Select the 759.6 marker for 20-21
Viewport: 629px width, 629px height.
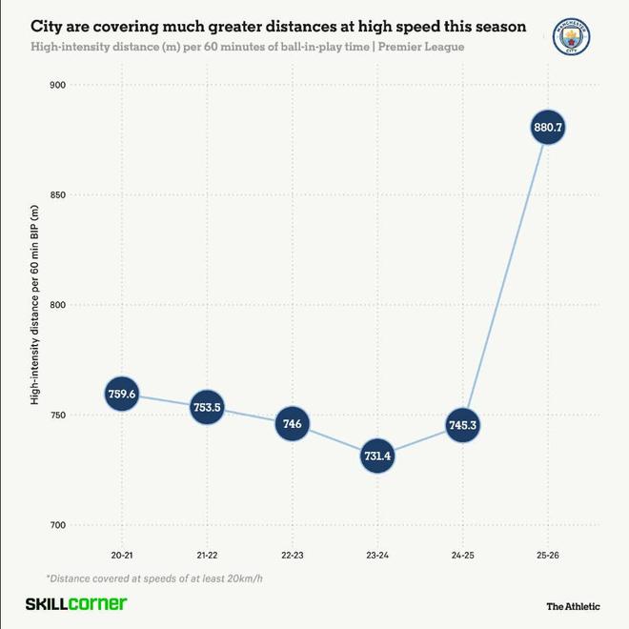123,394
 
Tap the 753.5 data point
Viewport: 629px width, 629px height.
207,407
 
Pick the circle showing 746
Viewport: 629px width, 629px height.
292,423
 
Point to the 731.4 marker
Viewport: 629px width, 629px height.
377,456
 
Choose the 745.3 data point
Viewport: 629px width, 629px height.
462,425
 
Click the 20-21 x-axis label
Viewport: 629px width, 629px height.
123,555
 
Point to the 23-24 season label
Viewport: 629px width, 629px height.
377,555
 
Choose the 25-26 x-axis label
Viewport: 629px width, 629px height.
547,555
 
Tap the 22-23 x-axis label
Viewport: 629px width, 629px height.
292,555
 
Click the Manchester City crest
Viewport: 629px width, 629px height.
572,38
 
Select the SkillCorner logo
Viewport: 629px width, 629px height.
75,604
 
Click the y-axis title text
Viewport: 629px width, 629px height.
34,305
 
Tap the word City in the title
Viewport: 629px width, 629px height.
50,27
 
